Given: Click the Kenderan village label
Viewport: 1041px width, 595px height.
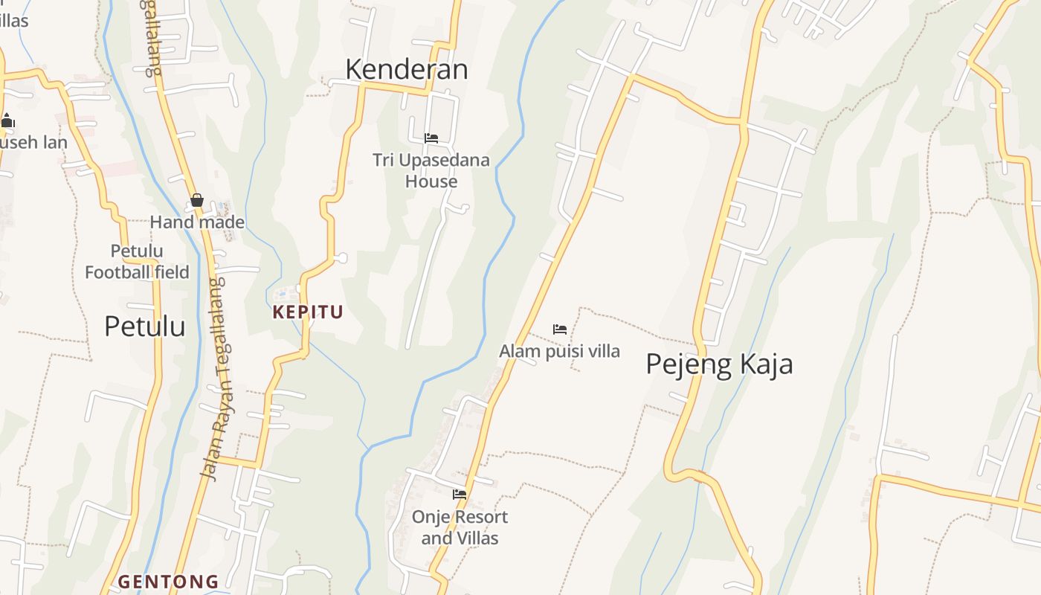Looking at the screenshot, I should (x=407, y=69).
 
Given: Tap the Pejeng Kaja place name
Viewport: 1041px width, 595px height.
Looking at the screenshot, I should (x=718, y=364).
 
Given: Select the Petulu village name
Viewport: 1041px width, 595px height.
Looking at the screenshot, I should (x=144, y=326).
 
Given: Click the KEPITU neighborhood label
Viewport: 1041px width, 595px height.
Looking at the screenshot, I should (x=308, y=312).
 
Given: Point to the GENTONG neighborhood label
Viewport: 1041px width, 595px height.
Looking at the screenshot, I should (x=169, y=582).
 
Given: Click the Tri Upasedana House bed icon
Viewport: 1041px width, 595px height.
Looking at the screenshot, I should (x=431, y=138).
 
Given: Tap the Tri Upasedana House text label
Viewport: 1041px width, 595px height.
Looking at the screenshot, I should (x=431, y=170).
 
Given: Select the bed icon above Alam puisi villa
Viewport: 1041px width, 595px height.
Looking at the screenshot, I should (x=560, y=329).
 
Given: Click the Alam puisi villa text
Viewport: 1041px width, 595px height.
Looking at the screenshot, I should (x=559, y=351).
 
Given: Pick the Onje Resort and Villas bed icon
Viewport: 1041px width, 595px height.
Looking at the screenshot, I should (x=460, y=494).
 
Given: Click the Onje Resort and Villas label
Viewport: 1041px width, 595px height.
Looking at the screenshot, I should (x=460, y=527).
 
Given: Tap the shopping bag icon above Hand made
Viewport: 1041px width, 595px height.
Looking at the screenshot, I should (x=197, y=200).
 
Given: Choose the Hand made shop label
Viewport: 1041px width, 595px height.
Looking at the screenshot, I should (x=197, y=222).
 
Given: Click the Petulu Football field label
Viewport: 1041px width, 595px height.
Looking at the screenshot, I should (x=137, y=261).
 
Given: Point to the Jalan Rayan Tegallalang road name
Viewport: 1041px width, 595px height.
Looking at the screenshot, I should (x=215, y=379).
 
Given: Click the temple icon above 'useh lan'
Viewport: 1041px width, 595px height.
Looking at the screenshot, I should (x=7, y=120).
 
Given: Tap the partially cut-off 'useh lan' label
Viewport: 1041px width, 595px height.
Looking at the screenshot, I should (x=33, y=141).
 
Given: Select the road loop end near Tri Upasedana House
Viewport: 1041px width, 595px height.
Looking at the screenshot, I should (x=465, y=208).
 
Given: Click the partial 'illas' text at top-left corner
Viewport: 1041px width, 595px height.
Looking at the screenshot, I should (x=14, y=20).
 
